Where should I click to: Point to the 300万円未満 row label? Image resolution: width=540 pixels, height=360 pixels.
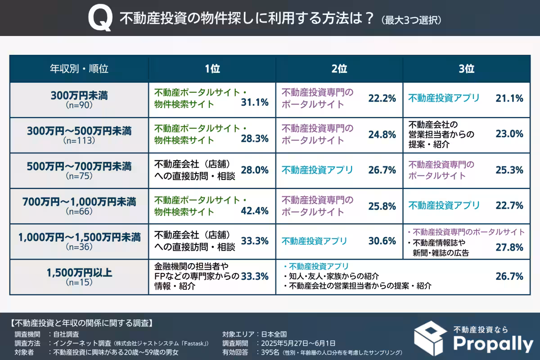click(x=79, y=95)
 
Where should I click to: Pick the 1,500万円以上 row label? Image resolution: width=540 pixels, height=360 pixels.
click(x=79, y=272)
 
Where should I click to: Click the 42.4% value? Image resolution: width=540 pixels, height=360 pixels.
click(x=255, y=211)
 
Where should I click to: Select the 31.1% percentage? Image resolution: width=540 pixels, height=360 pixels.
click(x=255, y=103)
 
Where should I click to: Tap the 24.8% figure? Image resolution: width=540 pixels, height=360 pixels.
click(x=382, y=134)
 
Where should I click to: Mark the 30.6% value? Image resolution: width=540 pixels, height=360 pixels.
click(x=382, y=241)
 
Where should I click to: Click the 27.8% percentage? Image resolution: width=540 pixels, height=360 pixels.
click(x=509, y=247)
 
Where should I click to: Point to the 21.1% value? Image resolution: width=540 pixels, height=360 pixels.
click(x=509, y=98)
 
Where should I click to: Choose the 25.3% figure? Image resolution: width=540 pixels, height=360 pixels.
click(x=509, y=170)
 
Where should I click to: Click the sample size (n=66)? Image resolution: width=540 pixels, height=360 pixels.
click(x=79, y=211)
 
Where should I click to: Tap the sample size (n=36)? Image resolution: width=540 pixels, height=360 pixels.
click(x=79, y=247)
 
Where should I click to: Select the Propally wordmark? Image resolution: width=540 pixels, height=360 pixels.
click(x=492, y=344)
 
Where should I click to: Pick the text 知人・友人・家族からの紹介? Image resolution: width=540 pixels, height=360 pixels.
click(x=333, y=276)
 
